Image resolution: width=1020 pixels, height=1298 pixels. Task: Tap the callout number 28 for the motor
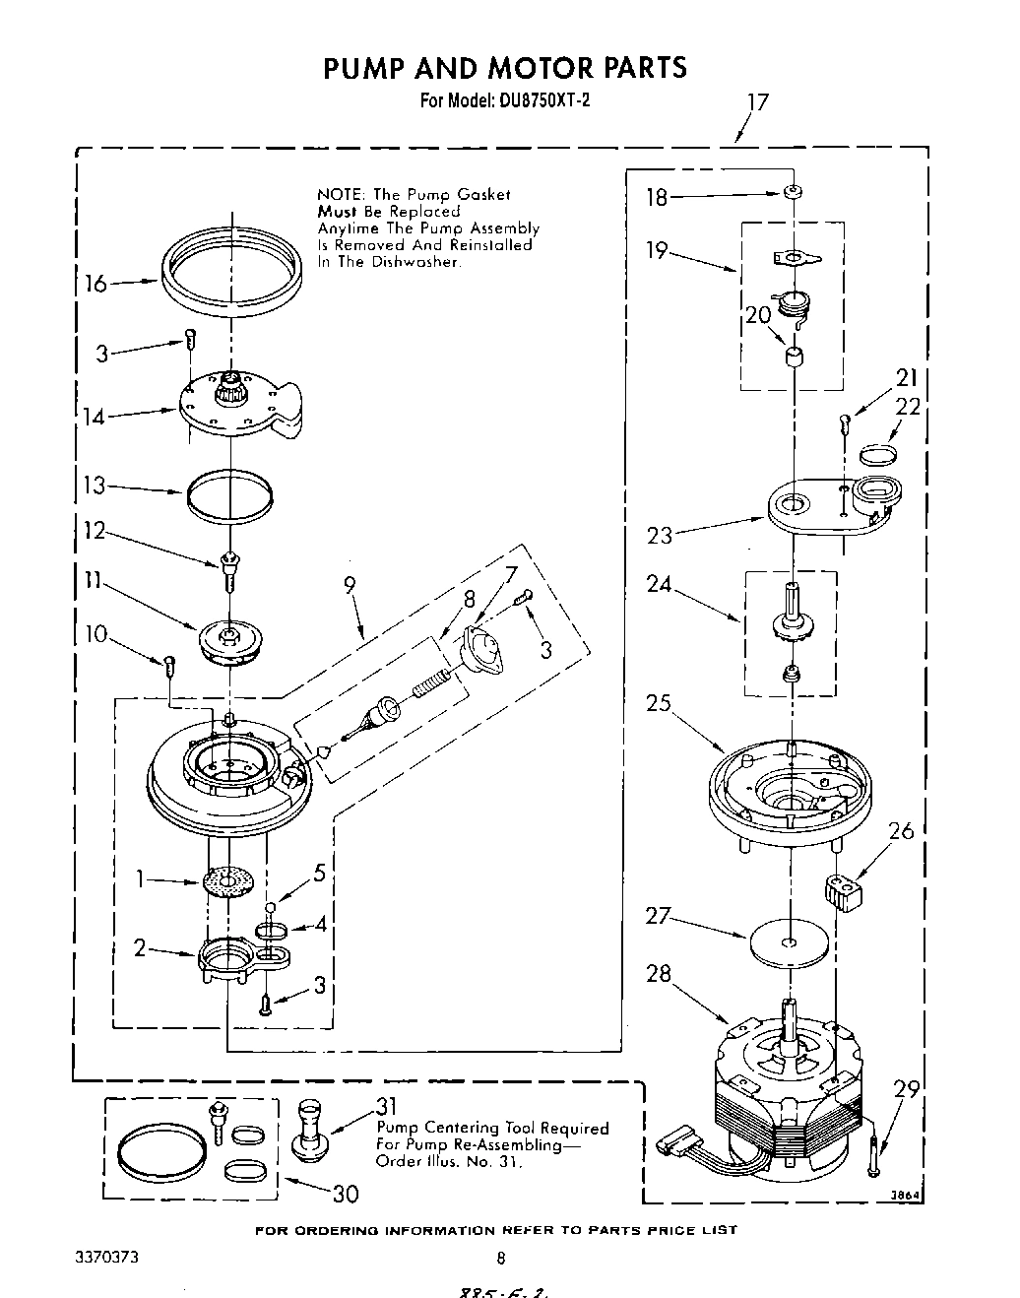(659, 975)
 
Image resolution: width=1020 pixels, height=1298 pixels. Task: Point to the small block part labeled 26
(840, 896)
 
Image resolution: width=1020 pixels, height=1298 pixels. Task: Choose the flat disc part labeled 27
(788, 942)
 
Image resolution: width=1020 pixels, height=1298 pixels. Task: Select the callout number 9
(351, 585)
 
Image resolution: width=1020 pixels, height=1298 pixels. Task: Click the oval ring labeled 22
(877, 453)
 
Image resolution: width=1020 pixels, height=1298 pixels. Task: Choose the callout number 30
(345, 1194)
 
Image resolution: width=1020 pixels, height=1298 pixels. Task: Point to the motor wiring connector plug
(670, 1146)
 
